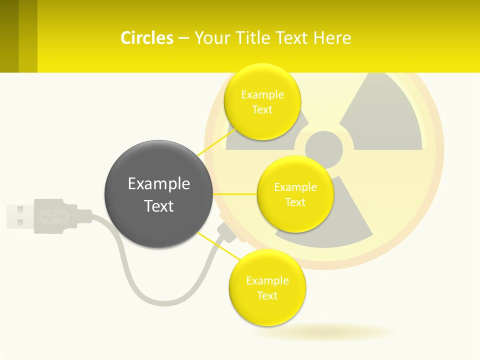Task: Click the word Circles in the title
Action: point(146,38)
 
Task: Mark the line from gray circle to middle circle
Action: point(235,194)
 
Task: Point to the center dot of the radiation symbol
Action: point(324,149)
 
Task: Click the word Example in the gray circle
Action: point(158,184)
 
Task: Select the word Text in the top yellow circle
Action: point(262,110)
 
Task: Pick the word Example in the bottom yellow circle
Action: point(267,281)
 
